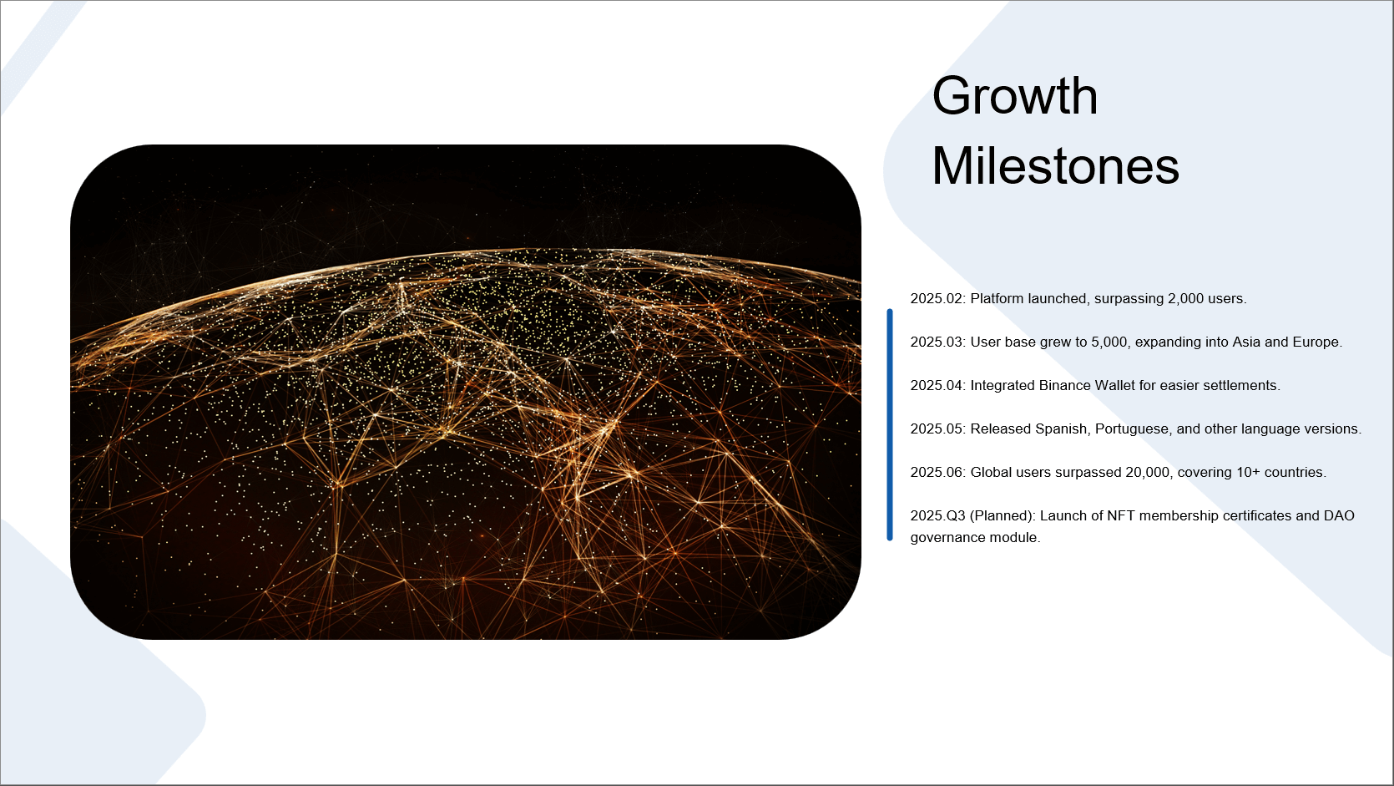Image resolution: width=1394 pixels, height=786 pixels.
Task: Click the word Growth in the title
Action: [x=1014, y=98]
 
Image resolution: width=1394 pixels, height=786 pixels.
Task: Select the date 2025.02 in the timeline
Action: [x=937, y=298]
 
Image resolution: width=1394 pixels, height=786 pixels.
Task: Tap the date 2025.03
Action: [x=937, y=342]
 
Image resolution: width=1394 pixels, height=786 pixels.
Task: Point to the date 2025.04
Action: [x=937, y=386]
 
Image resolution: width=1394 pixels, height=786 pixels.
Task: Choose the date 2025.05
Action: [x=937, y=429]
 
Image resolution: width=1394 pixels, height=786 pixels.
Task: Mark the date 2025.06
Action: [x=937, y=473]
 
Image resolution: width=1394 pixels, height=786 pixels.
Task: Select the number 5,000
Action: [x=1109, y=342]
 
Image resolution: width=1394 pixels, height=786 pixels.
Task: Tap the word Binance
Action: [x=1065, y=386]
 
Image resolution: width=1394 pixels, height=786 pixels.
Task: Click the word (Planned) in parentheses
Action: [x=1003, y=516]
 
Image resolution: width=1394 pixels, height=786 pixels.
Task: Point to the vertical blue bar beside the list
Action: [x=890, y=425]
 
